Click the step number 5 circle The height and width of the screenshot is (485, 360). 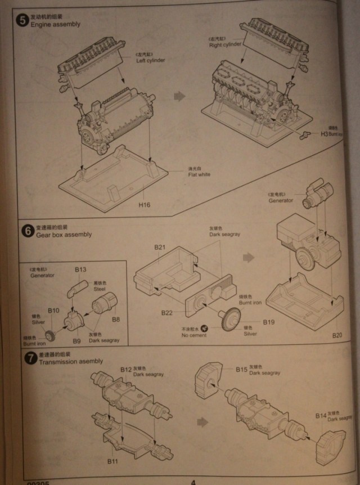click(x=22, y=21)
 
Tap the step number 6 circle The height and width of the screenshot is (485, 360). click(x=26, y=230)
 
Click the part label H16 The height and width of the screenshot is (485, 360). click(x=145, y=205)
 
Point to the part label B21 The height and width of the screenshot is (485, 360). click(x=159, y=248)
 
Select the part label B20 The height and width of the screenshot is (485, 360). click(x=337, y=335)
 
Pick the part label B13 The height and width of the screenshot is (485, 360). click(x=80, y=270)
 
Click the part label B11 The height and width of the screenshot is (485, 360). click(x=113, y=461)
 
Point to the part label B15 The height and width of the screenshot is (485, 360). click(x=241, y=369)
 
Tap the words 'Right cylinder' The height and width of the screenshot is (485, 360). click(x=225, y=44)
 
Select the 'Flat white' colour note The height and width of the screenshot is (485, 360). click(x=199, y=174)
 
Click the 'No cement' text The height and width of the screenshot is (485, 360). click(x=194, y=335)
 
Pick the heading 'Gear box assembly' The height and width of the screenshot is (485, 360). click(x=64, y=234)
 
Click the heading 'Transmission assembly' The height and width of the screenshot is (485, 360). click(x=71, y=361)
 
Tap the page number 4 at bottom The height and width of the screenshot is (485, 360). click(x=193, y=481)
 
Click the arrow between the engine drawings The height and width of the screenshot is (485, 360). click(x=179, y=96)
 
